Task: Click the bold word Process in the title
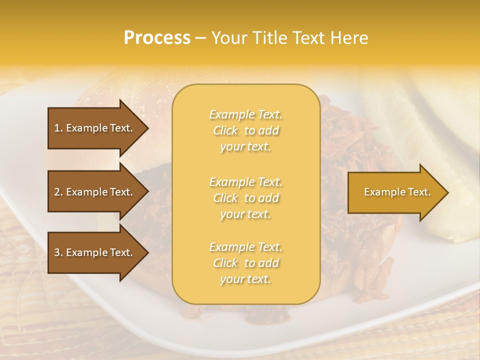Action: click(x=157, y=38)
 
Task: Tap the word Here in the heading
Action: click(x=349, y=38)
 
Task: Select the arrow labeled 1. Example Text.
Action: click(x=95, y=128)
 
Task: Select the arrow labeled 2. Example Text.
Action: click(x=95, y=192)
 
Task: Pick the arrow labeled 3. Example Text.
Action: click(x=95, y=252)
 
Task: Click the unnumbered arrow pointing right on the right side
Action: click(x=395, y=192)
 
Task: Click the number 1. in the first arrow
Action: click(x=58, y=128)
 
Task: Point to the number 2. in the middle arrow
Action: click(x=58, y=192)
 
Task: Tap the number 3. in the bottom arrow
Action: click(x=58, y=252)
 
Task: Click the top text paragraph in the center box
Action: click(x=245, y=130)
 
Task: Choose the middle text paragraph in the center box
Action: click(x=245, y=198)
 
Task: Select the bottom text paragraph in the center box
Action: click(x=245, y=263)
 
